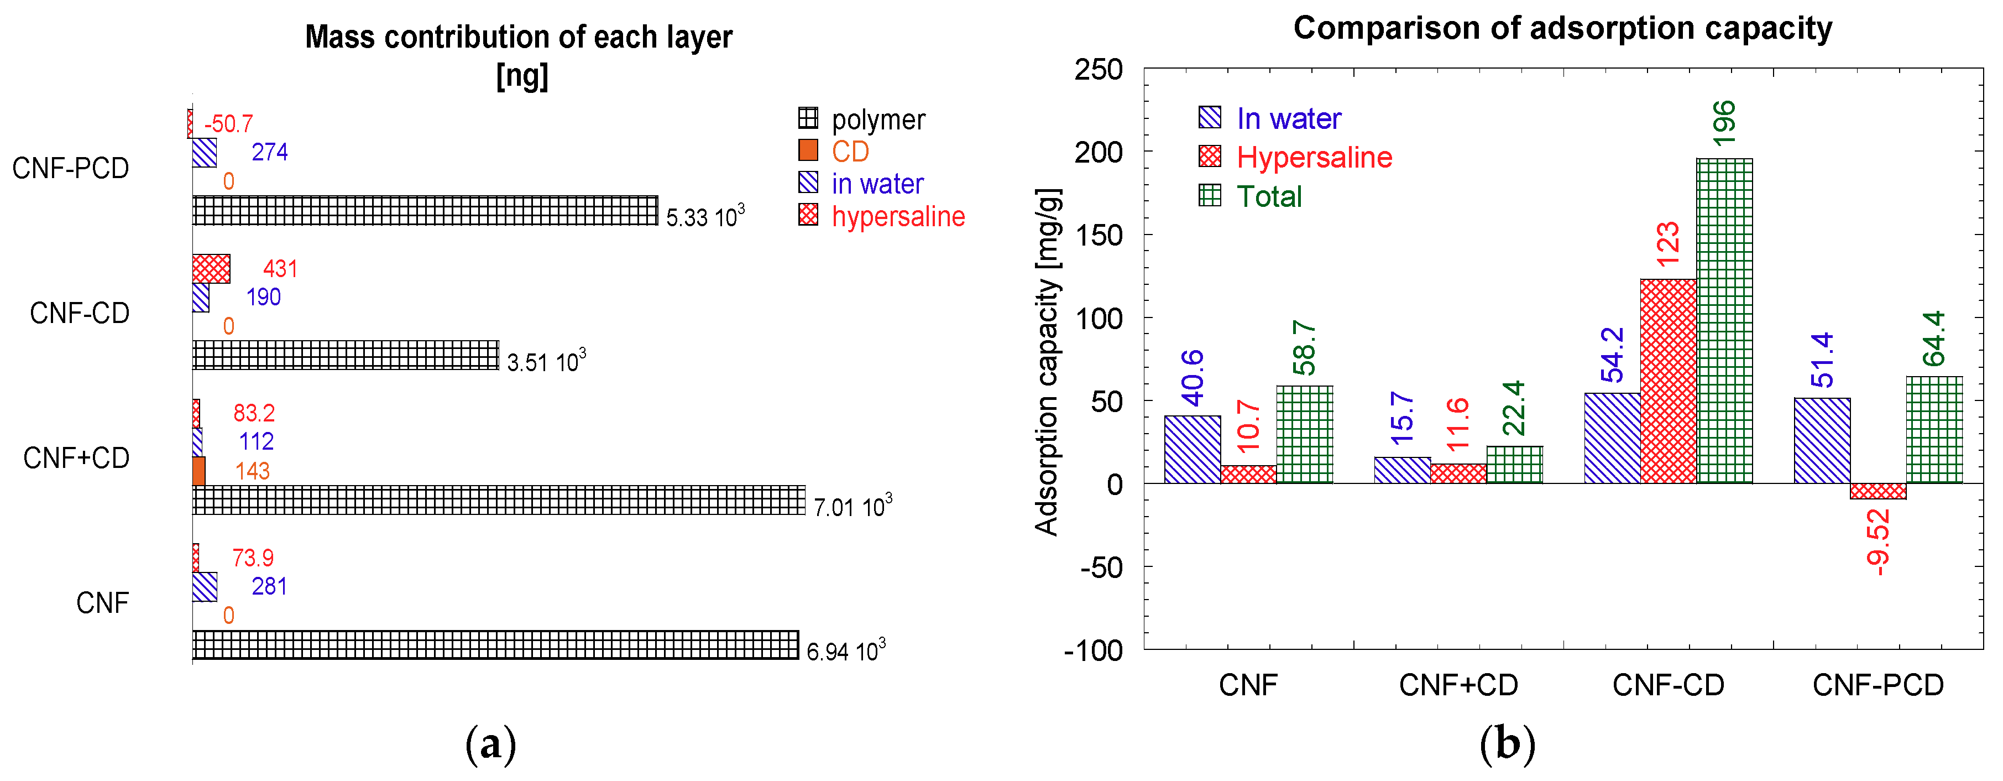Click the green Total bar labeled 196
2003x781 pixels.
1724,320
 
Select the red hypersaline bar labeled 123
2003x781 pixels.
1668,381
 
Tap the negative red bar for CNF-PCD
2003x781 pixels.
1878,491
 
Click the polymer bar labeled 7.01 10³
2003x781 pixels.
499,500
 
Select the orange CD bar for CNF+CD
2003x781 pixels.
199,471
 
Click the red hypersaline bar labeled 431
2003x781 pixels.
211,268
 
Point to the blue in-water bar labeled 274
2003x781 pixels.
205,153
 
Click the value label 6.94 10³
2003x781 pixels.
846,650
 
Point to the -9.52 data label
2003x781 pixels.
1878,542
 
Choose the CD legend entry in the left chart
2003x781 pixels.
850,151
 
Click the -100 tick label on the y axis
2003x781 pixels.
1093,649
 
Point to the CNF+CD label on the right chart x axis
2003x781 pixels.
1458,685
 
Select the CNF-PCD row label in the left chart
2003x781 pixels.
71,168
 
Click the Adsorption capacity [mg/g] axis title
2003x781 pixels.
1047,362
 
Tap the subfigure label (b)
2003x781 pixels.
1507,743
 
